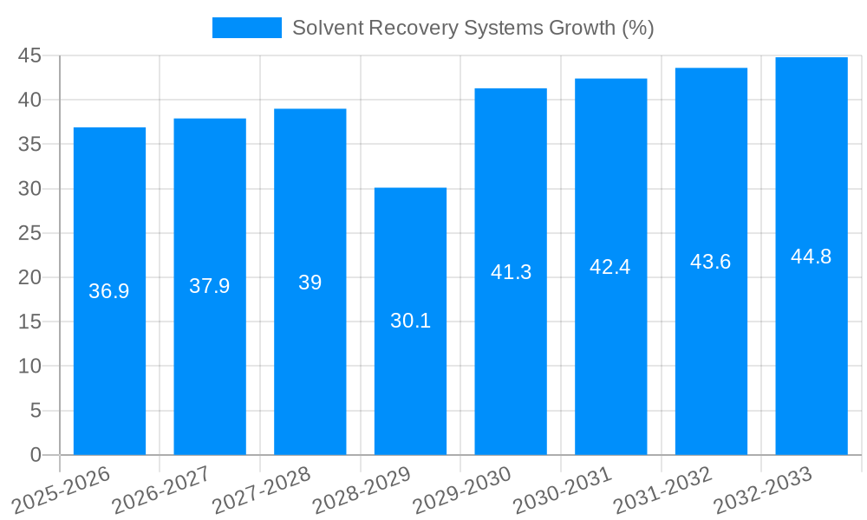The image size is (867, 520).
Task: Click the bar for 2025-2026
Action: click(x=109, y=364)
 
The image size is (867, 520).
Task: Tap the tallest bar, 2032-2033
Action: click(x=812, y=347)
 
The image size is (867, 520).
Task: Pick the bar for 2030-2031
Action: click(x=610, y=347)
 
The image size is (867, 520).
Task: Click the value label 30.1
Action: click(x=410, y=321)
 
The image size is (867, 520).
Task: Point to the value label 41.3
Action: click(x=511, y=272)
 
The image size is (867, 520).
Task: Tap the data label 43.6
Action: click(x=711, y=262)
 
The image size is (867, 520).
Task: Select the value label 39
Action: click(x=310, y=283)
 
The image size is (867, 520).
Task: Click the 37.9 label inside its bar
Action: click(x=210, y=286)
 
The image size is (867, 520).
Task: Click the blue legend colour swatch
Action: click(x=247, y=28)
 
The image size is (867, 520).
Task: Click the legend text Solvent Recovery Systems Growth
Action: click(x=473, y=28)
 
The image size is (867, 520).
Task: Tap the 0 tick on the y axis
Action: click(x=36, y=455)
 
